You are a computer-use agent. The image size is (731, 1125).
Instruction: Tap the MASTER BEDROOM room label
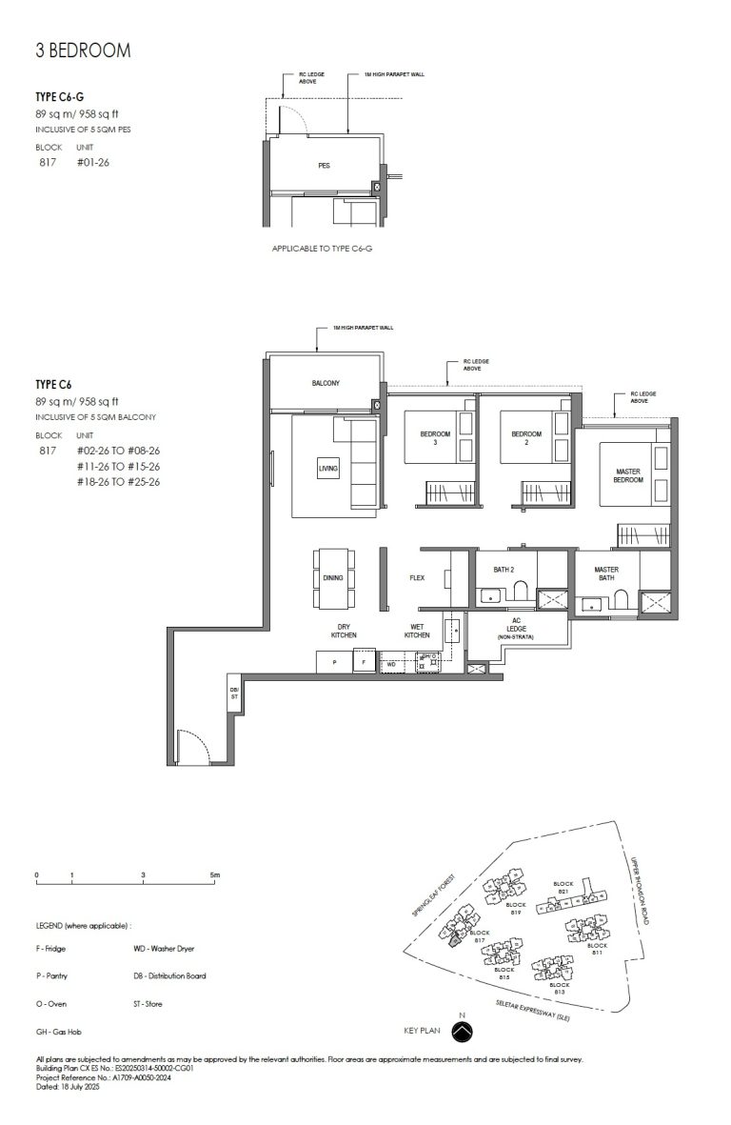click(628, 475)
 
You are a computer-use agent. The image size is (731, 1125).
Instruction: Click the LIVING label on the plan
click(328, 469)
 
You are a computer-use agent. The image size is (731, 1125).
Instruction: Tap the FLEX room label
click(416, 577)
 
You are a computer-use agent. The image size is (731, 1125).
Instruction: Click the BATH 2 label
click(504, 569)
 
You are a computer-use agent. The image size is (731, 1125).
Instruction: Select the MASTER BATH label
click(606, 573)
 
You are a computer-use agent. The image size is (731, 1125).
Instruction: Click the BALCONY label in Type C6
click(326, 384)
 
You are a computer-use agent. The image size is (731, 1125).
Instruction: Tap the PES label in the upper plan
click(325, 166)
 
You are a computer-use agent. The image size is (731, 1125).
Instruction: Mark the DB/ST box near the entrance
click(234, 693)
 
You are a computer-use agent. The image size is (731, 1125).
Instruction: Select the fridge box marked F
click(364, 661)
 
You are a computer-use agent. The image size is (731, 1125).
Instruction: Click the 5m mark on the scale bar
click(214, 874)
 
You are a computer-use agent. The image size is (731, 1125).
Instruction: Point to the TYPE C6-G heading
click(59, 97)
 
